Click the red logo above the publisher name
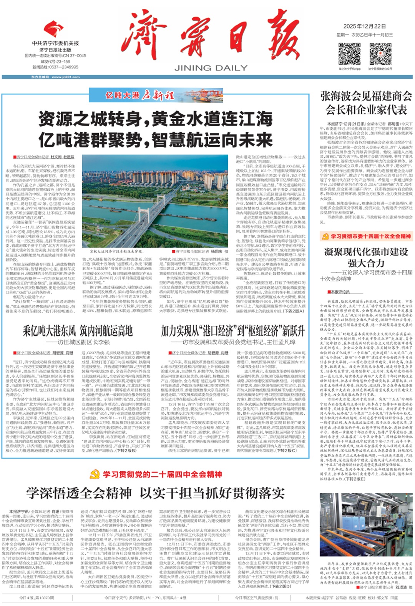[x=54, y=29]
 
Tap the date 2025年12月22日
[x=364, y=26]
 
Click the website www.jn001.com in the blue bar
[x=65, y=77]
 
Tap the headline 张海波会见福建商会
[x=366, y=96]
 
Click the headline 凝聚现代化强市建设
[x=366, y=252]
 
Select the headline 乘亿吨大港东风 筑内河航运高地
[x=78, y=330]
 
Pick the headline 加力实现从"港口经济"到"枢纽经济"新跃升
[x=233, y=330]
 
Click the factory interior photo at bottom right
[x=366, y=524]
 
